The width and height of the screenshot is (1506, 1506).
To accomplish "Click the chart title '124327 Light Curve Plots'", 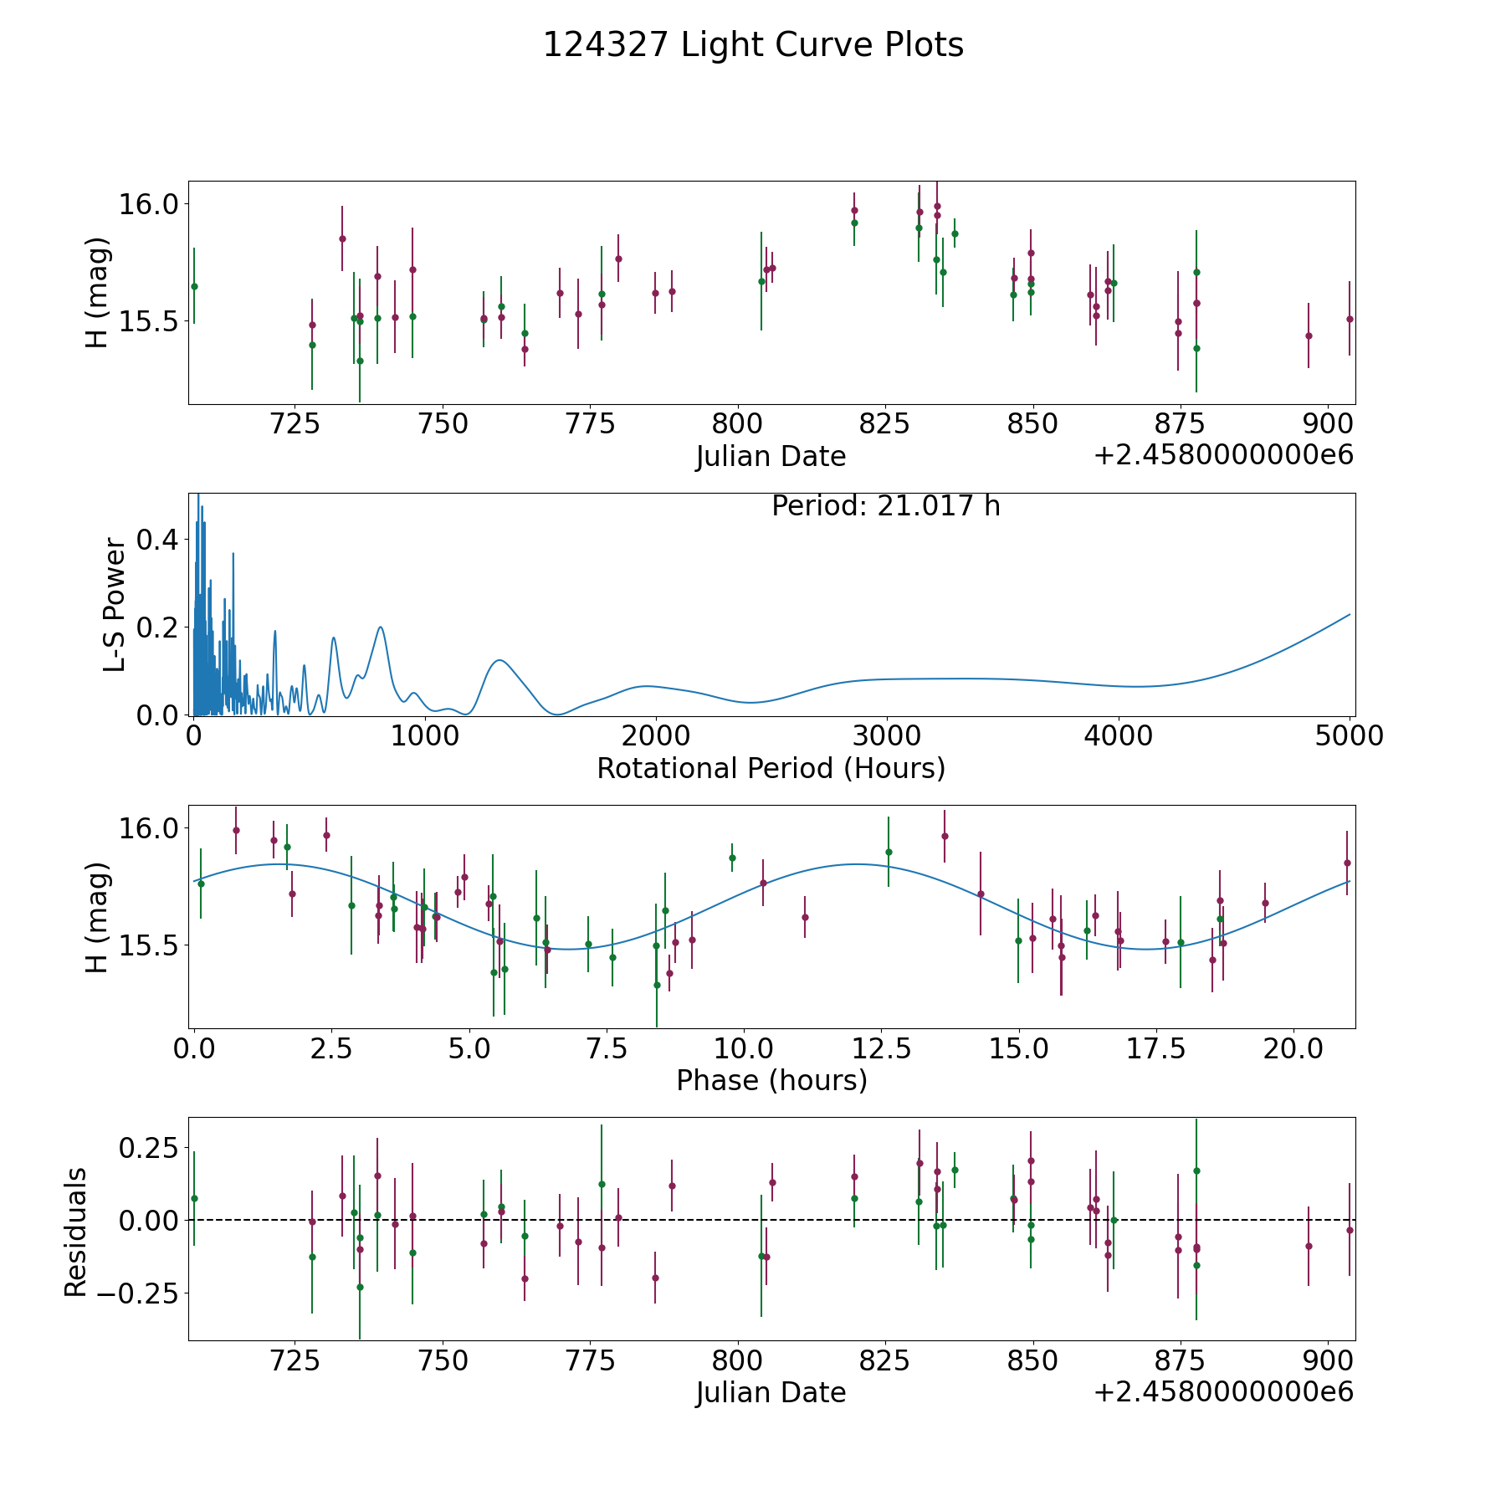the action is (753, 45).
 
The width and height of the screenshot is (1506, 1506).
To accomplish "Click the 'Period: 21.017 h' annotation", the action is (885, 506).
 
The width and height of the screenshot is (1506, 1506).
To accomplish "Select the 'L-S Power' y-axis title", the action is (115, 605).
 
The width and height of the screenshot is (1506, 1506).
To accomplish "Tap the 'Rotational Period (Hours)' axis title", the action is (771, 768).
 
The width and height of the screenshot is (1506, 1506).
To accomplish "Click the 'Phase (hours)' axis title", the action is (771, 1080).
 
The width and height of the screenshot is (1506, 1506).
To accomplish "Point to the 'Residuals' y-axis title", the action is (76, 1232).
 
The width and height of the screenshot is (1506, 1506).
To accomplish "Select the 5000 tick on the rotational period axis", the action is (1349, 735).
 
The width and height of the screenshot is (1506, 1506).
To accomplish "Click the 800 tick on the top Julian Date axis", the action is (737, 423).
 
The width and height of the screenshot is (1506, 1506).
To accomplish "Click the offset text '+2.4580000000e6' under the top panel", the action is (1223, 455).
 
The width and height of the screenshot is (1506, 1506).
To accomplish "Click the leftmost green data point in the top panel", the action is (194, 286).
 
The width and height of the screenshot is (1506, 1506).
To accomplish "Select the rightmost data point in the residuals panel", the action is (1350, 1230).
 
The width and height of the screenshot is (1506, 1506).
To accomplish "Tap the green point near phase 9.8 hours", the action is (732, 858).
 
